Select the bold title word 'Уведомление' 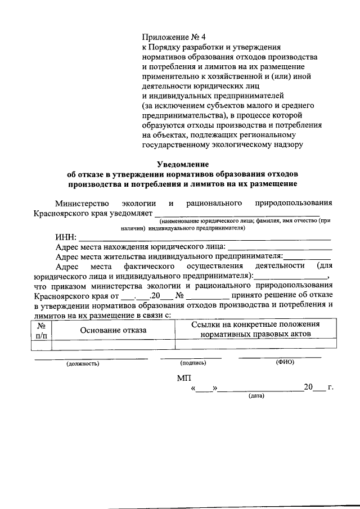point(183,164)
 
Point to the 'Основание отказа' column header point(113,330)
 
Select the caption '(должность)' point(83,364)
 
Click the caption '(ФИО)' point(285,363)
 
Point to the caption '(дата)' point(256,396)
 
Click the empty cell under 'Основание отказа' point(113,344)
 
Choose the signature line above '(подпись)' point(191,358)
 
